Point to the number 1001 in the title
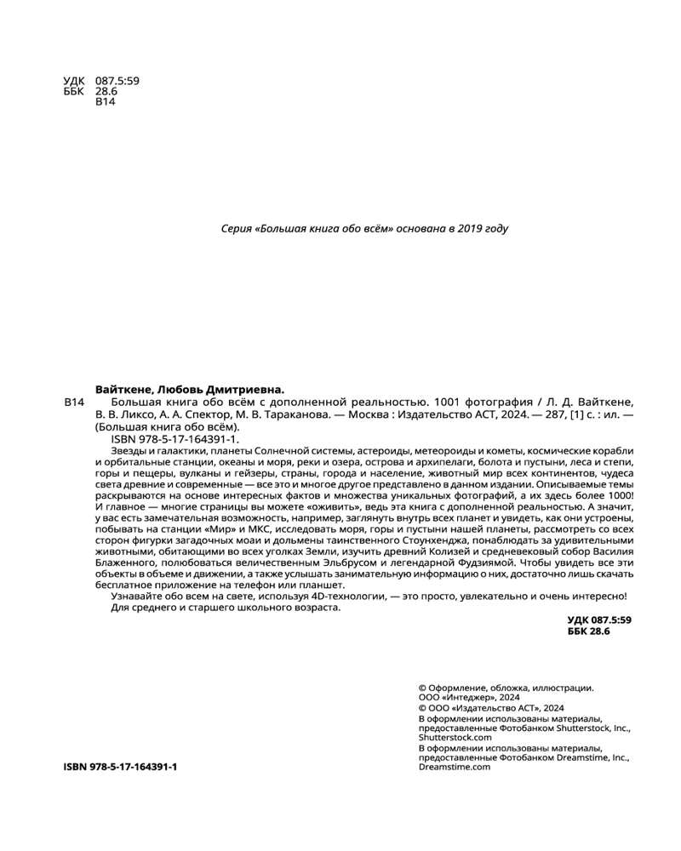pyautogui.click(x=448, y=402)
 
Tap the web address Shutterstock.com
pyautogui.click(x=456, y=739)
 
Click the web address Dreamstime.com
pyautogui.click(x=455, y=767)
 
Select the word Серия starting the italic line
pyautogui.click(x=236, y=228)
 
